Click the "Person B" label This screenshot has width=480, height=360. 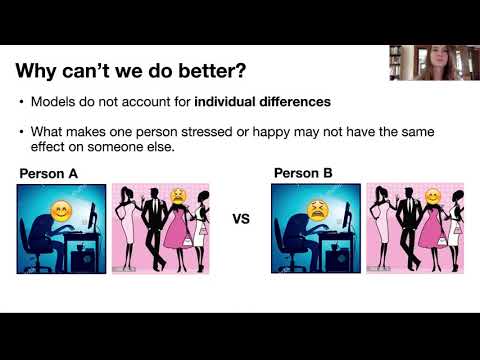303,173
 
